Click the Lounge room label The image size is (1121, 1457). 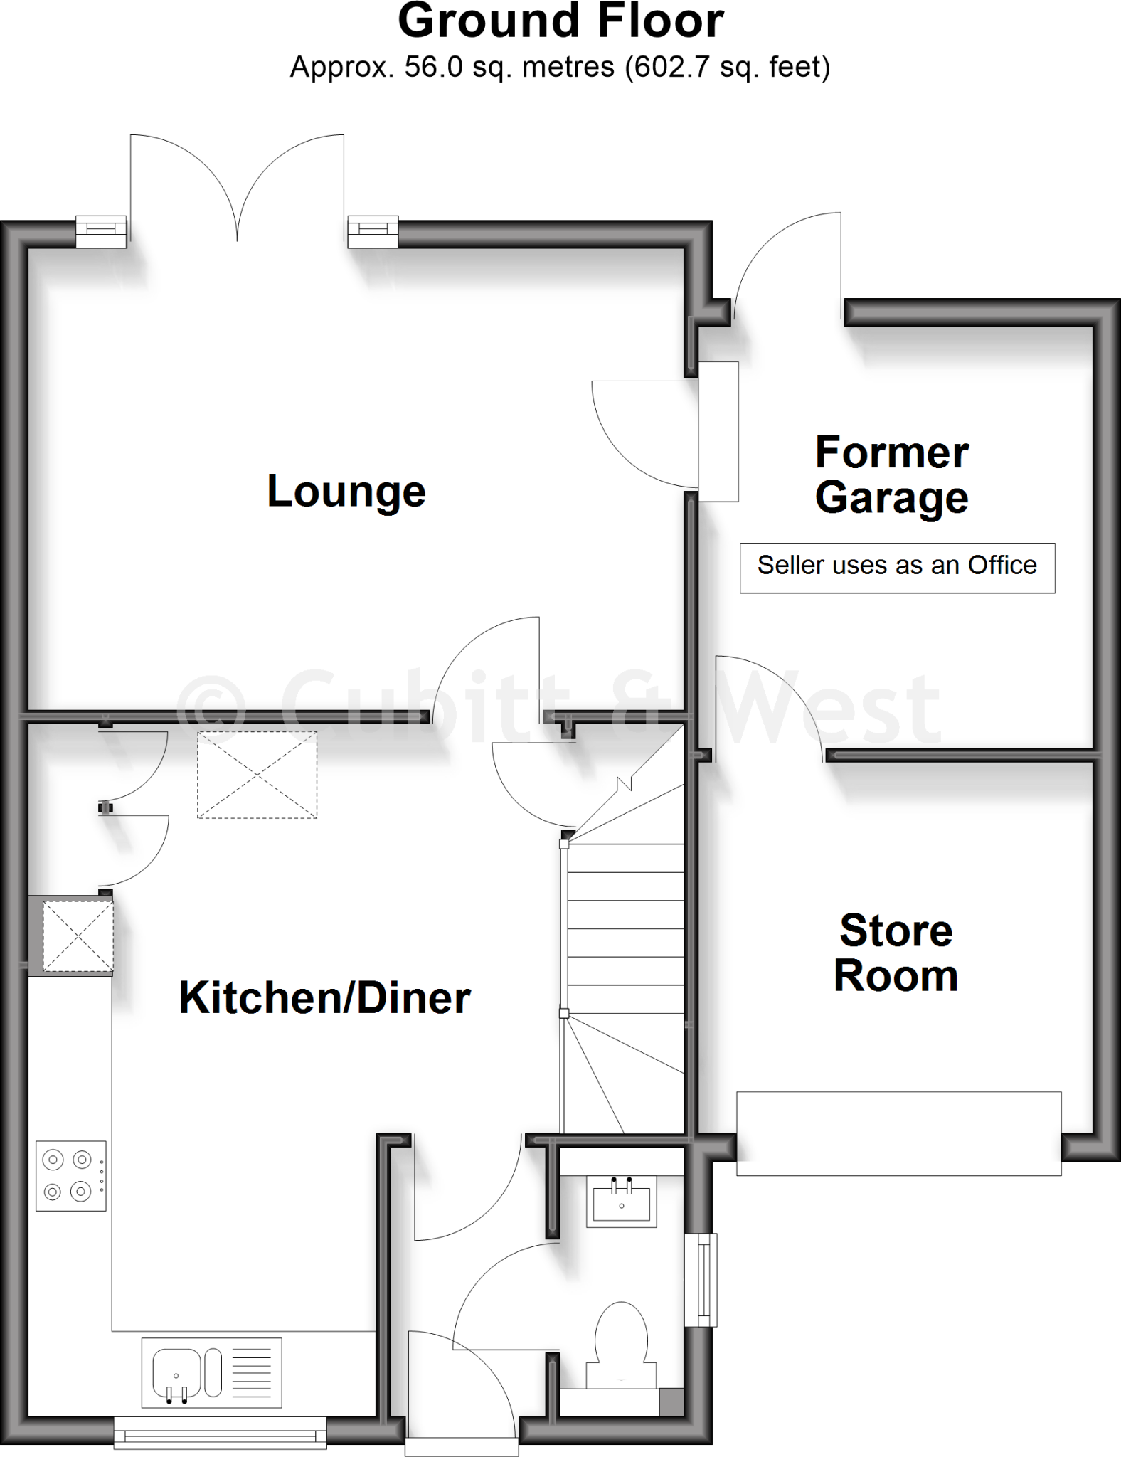(346, 492)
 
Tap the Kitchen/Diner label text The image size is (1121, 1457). (324, 997)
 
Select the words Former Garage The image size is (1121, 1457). (892, 475)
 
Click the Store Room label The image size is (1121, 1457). (896, 953)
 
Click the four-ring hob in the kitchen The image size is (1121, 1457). (71, 1175)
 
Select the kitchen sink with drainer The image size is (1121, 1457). (211, 1372)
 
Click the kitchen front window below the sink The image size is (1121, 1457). (221, 1432)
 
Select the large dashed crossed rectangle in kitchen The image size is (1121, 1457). (257, 775)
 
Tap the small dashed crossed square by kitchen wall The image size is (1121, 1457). (78, 936)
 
